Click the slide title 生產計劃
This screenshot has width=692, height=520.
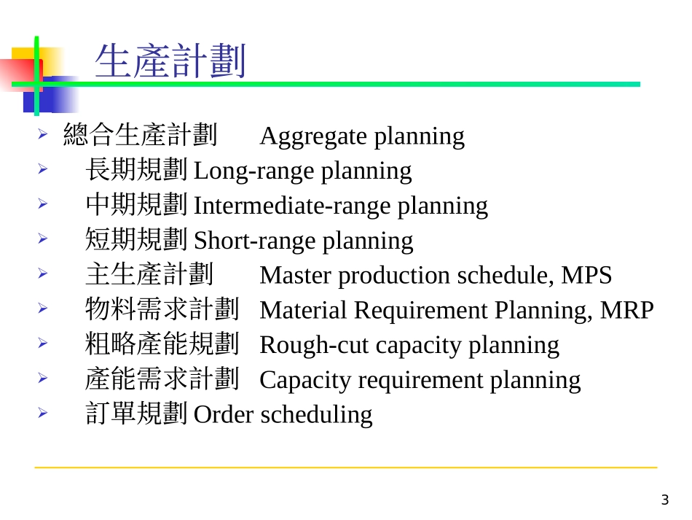(x=170, y=61)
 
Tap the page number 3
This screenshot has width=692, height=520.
(x=664, y=500)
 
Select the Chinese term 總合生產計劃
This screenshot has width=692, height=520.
(x=140, y=136)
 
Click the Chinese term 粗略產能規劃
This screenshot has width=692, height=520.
(x=162, y=345)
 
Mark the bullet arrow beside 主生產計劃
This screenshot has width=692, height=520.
(x=43, y=274)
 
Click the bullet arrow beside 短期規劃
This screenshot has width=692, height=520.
(x=43, y=239)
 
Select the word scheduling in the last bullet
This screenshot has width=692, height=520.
(x=316, y=415)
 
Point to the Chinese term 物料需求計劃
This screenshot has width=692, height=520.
(x=162, y=310)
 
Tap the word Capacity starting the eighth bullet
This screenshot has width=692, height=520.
(x=295, y=380)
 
